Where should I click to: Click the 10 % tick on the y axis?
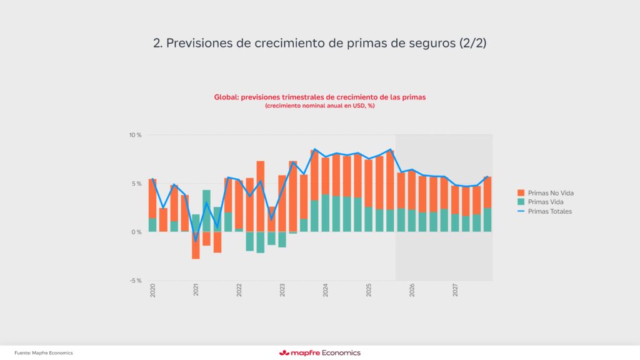point(135,135)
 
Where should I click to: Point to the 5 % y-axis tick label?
point(137,183)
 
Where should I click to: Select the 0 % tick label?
point(137,232)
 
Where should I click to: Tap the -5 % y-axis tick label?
point(136,280)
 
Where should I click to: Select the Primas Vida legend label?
point(544,202)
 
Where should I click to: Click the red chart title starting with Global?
point(319,97)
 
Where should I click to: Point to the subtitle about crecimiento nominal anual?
point(319,106)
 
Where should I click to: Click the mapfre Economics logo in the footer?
point(319,352)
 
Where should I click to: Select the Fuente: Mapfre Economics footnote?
point(44,353)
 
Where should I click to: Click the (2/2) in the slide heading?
point(474,44)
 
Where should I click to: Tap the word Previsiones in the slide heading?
point(200,44)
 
